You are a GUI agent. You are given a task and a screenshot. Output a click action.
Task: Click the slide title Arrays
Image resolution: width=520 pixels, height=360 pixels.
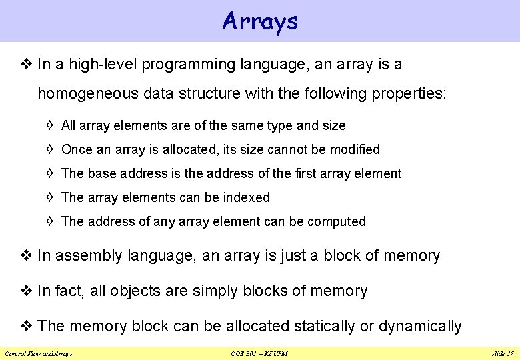tap(260, 21)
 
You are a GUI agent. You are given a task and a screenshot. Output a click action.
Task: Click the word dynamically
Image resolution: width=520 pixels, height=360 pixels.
tap(420, 326)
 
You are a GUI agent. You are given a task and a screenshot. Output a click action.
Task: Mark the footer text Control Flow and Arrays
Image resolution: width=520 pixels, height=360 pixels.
tap(39, 353)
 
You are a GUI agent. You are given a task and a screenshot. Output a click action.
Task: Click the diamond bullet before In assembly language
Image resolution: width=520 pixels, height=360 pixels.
tap(28, 255)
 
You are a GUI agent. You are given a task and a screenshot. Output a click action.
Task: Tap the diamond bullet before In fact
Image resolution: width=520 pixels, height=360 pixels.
tap(28, 291)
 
